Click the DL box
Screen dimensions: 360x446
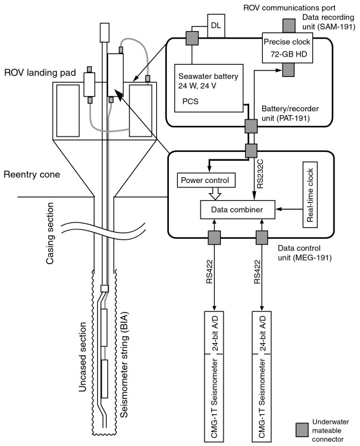216,25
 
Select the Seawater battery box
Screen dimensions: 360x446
209,88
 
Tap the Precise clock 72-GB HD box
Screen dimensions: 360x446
287,48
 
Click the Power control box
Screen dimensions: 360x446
206,180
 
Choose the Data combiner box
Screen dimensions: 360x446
237,210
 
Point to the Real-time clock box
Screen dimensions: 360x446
310,195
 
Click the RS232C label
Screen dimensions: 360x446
260,174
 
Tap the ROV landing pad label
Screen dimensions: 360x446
40,73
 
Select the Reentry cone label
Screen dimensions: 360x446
32,174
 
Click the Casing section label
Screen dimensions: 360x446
50,233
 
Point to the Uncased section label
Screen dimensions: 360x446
82,357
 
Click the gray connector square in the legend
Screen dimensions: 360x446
302,429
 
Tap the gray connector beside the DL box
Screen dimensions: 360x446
192,38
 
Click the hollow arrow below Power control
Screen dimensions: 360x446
215,194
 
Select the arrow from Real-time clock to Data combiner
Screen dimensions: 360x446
289,209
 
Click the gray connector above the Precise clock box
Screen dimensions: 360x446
289,25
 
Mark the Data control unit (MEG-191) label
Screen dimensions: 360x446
305,253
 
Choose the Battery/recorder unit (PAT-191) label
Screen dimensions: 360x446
290,113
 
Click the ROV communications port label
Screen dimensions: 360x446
289,8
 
